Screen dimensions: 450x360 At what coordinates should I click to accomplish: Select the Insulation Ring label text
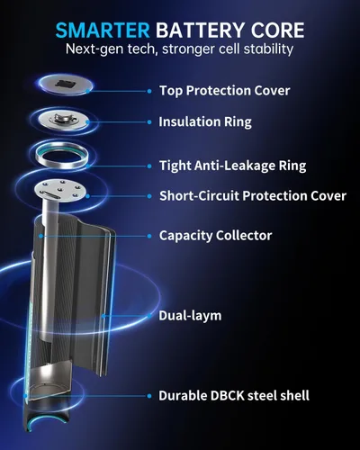tap(204, 121)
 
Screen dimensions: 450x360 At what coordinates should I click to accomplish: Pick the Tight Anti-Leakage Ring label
tap(232, 165)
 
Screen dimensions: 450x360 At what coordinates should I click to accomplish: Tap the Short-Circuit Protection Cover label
tap(251, 194)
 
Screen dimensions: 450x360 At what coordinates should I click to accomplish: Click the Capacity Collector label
tap(215, 236)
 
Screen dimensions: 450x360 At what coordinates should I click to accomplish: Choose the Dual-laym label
tap(191, 316)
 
